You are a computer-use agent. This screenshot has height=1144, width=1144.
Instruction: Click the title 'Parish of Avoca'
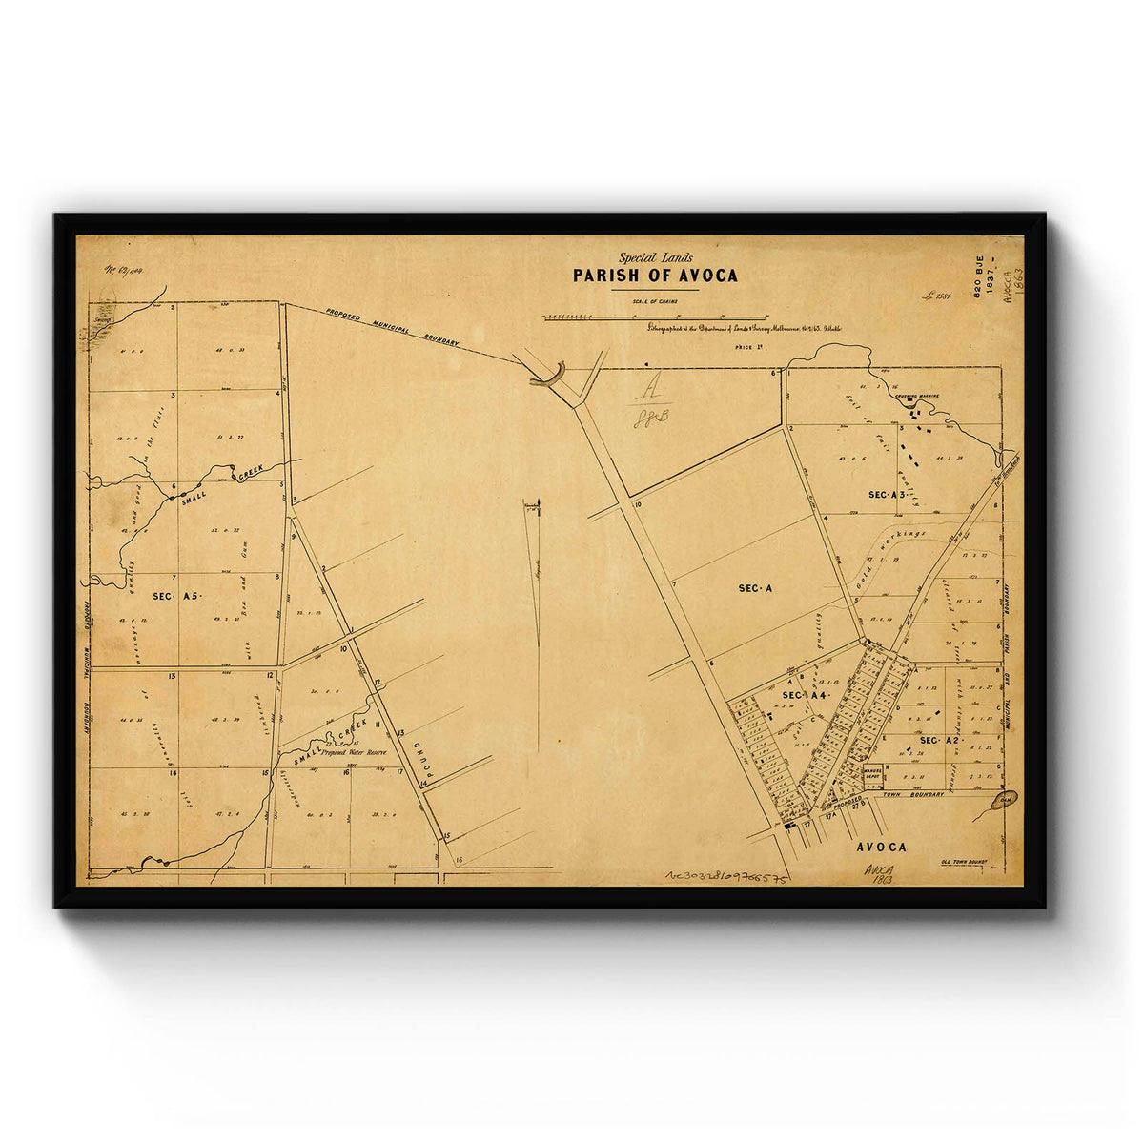[654, 276]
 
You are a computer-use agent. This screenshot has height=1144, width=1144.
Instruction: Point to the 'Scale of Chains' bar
[655, 316]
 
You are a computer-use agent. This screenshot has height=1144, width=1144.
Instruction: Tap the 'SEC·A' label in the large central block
[755, 588]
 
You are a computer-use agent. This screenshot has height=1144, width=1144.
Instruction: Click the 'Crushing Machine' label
[916, 395]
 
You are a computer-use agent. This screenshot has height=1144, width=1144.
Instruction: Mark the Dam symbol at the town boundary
[1004, 798]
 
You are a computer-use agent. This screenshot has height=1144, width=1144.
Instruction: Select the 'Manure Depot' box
[872, 776]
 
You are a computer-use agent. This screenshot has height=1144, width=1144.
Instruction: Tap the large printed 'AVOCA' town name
[881, 847]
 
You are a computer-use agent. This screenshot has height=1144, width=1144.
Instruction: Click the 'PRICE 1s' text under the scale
[750, 349]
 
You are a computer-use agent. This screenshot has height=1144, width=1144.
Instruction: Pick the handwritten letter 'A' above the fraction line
[652, 389]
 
